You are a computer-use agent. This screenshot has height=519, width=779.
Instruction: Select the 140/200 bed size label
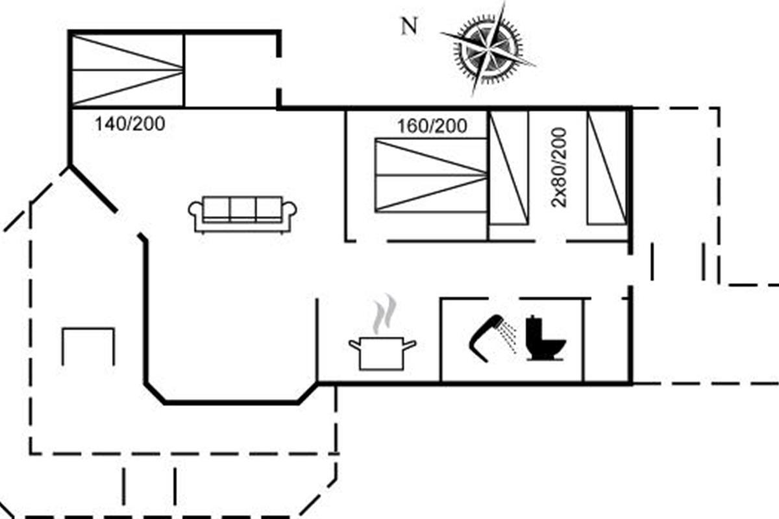(130, 124)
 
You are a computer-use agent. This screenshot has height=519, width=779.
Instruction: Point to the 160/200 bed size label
(432, 126)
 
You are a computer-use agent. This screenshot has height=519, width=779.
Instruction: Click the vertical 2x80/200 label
(559, 167)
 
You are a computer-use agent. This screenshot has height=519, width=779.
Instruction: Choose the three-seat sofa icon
(242, 214)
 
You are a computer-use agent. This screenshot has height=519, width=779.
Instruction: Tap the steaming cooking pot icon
(382, 352)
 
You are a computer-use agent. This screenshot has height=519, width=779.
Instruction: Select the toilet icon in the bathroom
(543, 339)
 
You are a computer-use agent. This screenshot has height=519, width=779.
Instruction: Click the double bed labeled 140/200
(127, 69)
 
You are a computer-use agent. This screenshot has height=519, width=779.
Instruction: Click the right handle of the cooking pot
(410, 343)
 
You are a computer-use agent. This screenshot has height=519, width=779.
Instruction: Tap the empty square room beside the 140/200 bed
(231, 69)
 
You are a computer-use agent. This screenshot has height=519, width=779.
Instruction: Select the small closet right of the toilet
(606, 339)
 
